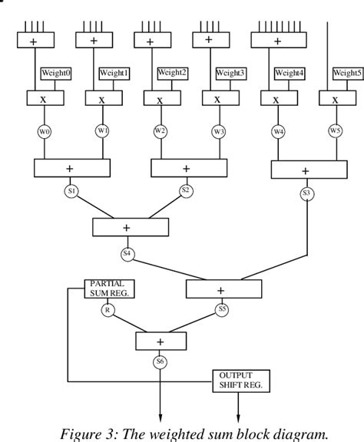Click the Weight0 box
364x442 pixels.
[x=55, y=73]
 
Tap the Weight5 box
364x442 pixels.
[x=348, y=74]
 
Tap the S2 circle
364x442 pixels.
[x=185, y=189]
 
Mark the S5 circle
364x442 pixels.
[x=223, y=310]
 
